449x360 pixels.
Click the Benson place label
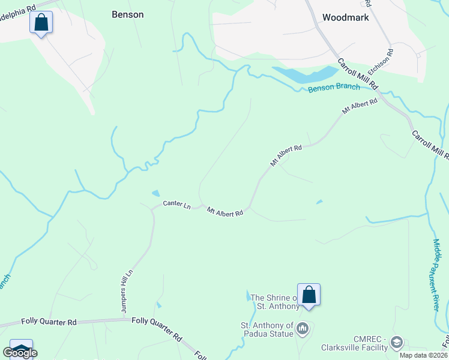pyautogui.click(x=128, y=14)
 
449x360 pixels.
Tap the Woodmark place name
pyautogui.click(x=345, y=17)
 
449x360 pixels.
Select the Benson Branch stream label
pyautogui.click(x=334, y=88)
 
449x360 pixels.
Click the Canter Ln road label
pyautogui.click(x=176, y=205)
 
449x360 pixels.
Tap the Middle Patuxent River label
pyautogui.click(x=436, y=274)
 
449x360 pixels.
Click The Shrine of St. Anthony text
pyautogui.click(x=274, y=302)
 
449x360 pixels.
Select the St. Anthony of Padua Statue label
pyautogui.click(x=267, y=329)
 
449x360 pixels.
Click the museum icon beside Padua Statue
pyautogui.click(x=303, y=329)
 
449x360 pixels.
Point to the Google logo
pyautogui.click(x=20, y=353)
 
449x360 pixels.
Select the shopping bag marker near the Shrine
pyautogui.click(x=309, y=295)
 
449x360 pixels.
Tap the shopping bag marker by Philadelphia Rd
pyautogui.click(x=41, y=23)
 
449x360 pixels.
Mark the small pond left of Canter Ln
pyautogui.click(x=156, y=193)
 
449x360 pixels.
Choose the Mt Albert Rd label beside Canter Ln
pyautogui.click(x=225, y=212)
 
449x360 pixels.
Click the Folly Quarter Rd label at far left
pyautogui.click(x=49, y=322)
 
